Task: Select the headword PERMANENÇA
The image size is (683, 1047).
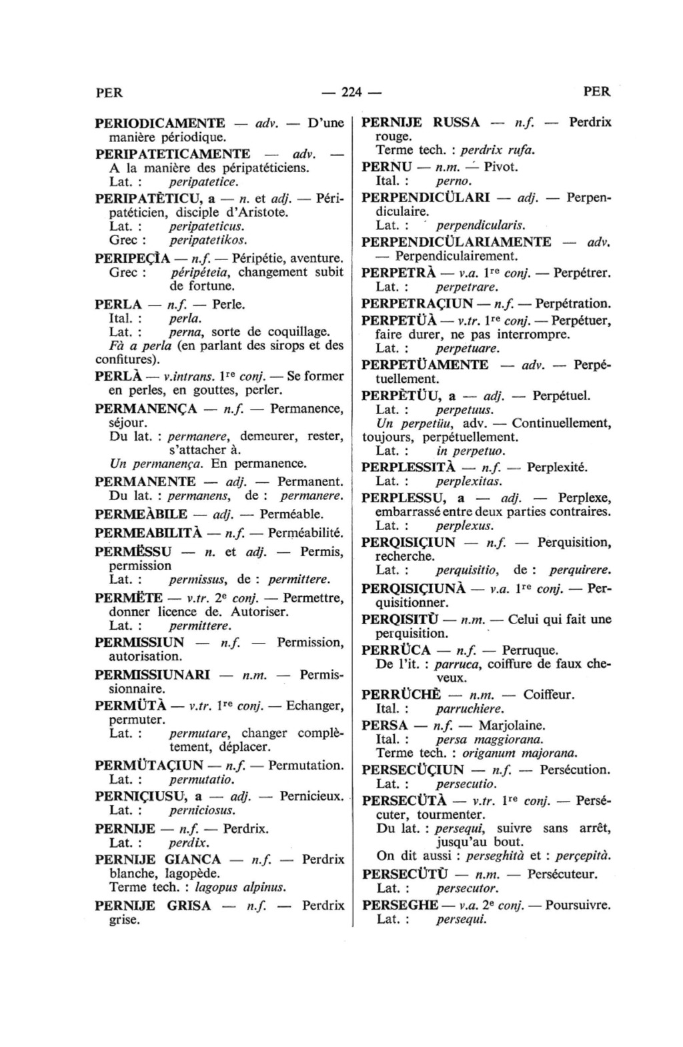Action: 146,407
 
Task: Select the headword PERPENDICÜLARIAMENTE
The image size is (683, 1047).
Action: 456,242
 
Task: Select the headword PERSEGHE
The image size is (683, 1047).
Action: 400,906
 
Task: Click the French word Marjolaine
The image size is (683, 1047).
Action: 512,725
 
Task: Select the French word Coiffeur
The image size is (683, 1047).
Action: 549,695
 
